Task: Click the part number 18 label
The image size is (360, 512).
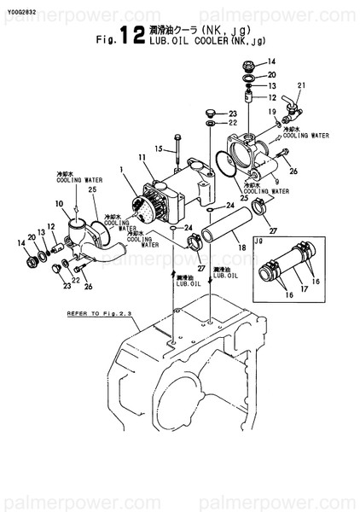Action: [x=243, y=248]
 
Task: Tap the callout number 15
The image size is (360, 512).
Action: [x=158, y=149]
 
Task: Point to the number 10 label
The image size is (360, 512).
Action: [x=59, y=203]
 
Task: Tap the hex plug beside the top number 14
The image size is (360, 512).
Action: [x=247, y=64]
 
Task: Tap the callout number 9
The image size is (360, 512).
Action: [x=276, y=183]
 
